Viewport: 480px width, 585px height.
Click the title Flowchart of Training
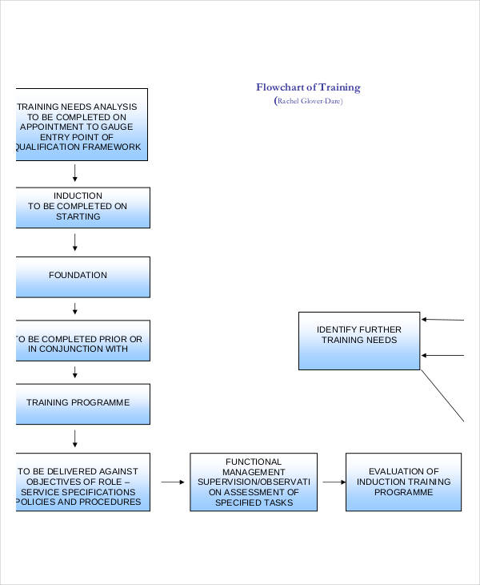coord(308,87)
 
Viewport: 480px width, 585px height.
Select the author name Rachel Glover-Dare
coord(308,101)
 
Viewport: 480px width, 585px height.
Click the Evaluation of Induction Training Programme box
coord(403,482)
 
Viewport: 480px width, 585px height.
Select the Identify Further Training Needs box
coord(358,341)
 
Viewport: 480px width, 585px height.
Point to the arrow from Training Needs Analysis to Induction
coord(75,172)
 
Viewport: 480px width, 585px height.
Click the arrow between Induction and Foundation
coord(75,241)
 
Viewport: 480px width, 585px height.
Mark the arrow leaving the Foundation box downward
coord(75,309)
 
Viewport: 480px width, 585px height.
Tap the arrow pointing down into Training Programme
coord(75,372)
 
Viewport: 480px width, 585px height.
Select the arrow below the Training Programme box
coord(75,438)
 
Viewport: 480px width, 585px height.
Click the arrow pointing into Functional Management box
coord(171,482)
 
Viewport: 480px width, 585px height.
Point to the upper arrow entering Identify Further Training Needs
coord(442,320)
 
